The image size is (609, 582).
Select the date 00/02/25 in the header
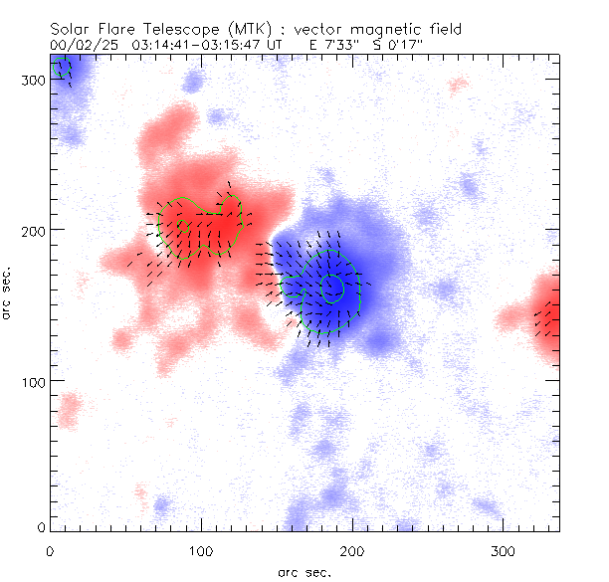click(x=83, y=45)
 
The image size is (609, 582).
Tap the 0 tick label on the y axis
click(x=40, y=526)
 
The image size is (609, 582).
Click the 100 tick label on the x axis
click(x=201, y=549)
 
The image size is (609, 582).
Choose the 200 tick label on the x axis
click(x=352, y=549)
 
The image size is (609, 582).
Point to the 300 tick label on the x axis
click(x=504, y=549)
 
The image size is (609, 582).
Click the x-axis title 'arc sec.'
click(x=304, y=572)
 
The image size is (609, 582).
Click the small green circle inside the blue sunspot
click(x=333, y=289)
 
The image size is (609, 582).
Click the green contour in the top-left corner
click(x=64, y=68)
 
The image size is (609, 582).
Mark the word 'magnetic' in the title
click(x=355, y=30)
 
